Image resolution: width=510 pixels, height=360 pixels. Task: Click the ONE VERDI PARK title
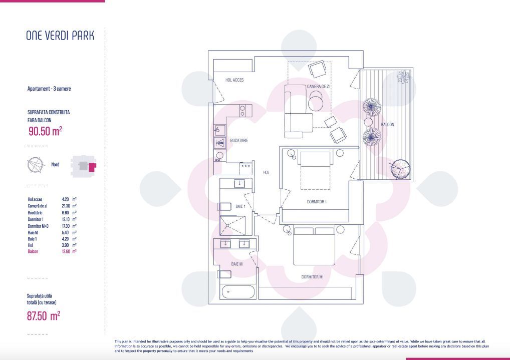pos(60,36)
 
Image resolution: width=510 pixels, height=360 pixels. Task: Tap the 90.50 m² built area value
pos(45,131)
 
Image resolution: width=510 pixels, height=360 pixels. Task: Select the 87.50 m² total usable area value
pos(44,315)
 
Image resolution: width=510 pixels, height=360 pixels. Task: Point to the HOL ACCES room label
pos(234,80)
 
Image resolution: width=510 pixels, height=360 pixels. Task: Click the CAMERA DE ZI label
pos(318,87)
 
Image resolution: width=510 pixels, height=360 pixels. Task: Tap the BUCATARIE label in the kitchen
pos(239,141)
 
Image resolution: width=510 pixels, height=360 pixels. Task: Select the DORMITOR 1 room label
pos(317,202)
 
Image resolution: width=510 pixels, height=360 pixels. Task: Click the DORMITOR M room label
pos(312,277)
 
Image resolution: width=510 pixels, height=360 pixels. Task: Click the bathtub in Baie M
pos(237,291)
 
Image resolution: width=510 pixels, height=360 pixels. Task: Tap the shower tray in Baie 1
pos(233,225)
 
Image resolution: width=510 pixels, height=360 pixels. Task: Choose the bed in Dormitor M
pos(314,246)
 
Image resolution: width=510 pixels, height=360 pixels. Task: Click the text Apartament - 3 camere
pos(49,89)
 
